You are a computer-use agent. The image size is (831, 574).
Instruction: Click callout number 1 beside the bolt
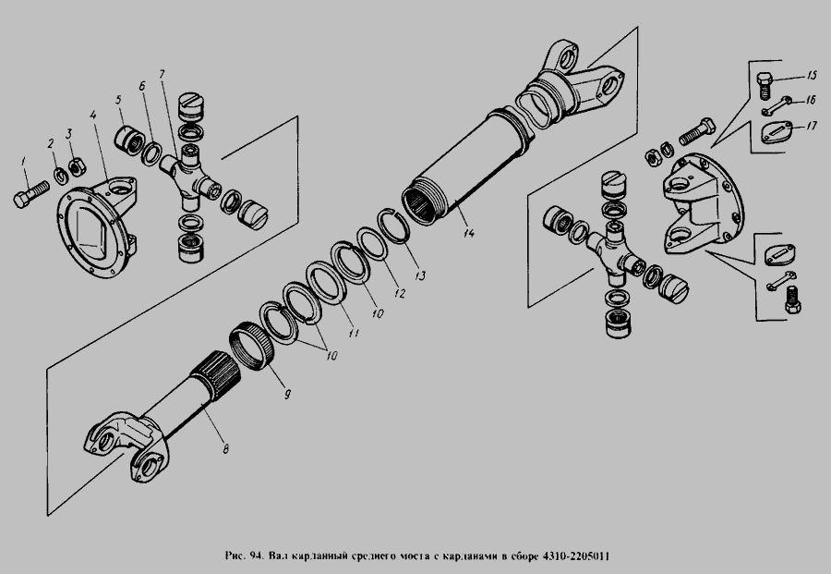pos(23,161)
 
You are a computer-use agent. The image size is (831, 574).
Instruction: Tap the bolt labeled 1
pos(30,194)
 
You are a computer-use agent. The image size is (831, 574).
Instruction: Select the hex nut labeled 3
pos(76,166)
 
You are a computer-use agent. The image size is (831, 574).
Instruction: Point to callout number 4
pos(92,116)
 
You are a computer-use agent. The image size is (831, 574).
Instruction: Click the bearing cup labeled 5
pos(128,140)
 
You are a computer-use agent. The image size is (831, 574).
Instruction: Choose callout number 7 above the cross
pos(162,74)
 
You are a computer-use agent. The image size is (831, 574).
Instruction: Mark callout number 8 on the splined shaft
pos(225,449)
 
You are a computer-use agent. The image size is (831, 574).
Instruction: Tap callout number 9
pos(287,394)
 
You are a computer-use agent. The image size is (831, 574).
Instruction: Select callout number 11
pos(354,333)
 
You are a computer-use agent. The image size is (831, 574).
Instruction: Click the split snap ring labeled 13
pos(393,226)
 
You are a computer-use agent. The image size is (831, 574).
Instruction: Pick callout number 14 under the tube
pos(468,232)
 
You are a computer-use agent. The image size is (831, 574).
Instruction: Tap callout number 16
pos(811,100)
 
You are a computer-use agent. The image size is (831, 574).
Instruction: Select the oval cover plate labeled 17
pos(777,131)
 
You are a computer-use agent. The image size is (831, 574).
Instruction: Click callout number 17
pos(812,127)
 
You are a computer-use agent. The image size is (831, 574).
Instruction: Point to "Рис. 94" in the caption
pos(244,556)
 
